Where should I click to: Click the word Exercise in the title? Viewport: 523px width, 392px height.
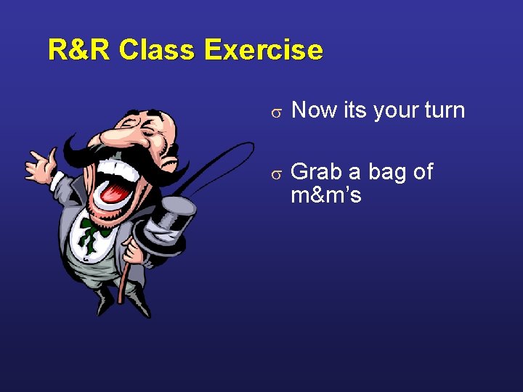click(264, 50)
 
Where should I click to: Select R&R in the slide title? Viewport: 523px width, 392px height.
click(79, 50)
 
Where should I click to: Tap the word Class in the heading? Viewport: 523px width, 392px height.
click(158, 50)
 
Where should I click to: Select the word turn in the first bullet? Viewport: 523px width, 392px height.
click(442, 110)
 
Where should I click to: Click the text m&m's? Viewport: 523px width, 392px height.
click(325, 195)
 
